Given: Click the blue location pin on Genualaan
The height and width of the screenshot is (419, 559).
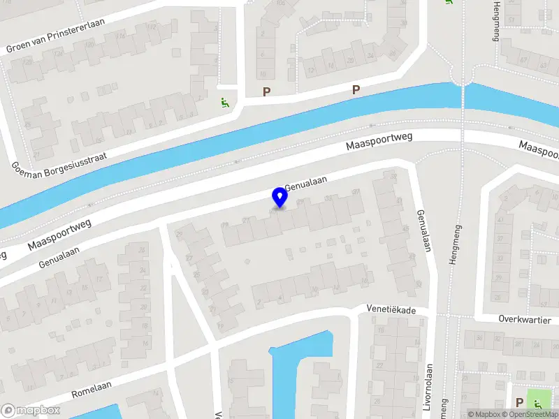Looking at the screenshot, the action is click(x=280, y=197).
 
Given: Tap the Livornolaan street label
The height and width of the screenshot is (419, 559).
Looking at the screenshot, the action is click(x=428, y=388).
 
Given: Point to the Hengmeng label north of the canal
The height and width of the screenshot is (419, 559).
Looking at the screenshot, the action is click(x=495, y=21).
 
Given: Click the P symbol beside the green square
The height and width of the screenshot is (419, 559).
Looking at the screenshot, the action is click(x=519, y=402).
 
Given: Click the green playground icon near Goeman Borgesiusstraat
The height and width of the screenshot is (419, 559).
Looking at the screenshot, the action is click(x=224, y=103).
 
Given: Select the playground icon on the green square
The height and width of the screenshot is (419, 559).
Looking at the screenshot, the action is click(x=539, y=402).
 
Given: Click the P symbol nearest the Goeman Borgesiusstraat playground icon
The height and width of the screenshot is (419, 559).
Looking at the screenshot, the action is click(x=266, y=91).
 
